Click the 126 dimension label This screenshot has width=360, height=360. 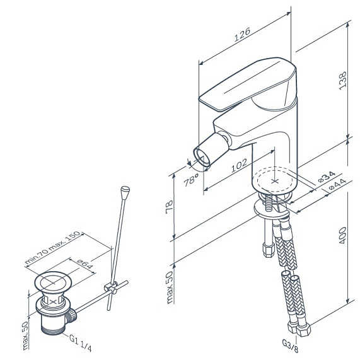point(242,35)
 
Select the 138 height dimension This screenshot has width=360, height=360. point(342,81)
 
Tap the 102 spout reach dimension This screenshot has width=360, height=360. point(239,165)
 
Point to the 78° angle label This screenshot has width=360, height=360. point(190,180)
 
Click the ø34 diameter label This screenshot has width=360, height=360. point(326,177)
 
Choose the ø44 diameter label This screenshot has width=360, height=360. point(337,184)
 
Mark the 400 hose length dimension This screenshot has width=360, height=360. point(342,235)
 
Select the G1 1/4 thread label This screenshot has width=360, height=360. point(80,342)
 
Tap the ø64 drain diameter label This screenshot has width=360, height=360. point(85,264)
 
